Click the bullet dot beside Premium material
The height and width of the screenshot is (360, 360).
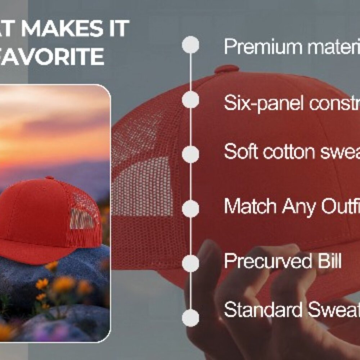(190, 45)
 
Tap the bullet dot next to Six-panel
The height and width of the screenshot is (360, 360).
(190, 100)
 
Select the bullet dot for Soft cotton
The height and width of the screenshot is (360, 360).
(190, 154)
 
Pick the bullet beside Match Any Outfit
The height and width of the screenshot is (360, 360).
(190, 209)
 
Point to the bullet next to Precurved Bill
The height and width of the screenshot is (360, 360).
(190, 264)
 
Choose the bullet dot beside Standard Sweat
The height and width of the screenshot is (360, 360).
(190, 318)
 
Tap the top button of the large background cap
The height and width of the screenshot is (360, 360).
(226, 69)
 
